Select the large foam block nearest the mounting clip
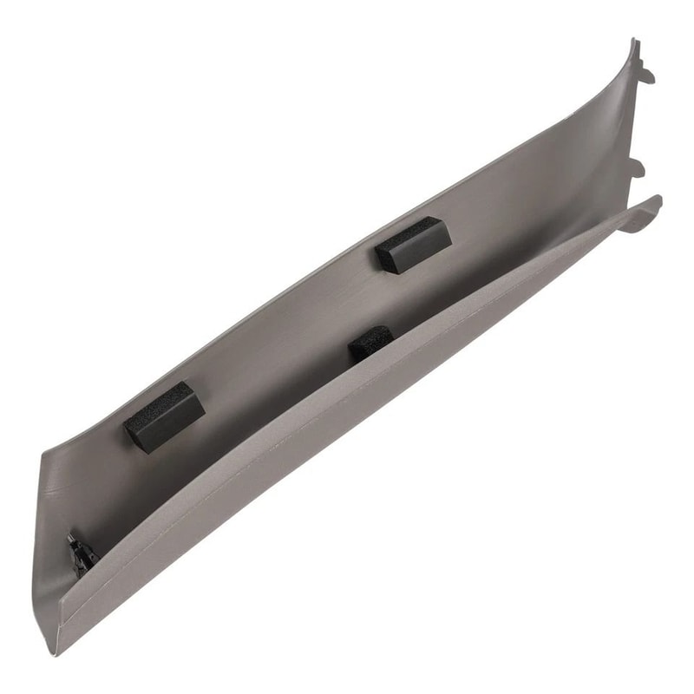click(x=165, y=416)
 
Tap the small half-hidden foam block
click(x=370, y=344)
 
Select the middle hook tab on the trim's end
click(x=638, y=166)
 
